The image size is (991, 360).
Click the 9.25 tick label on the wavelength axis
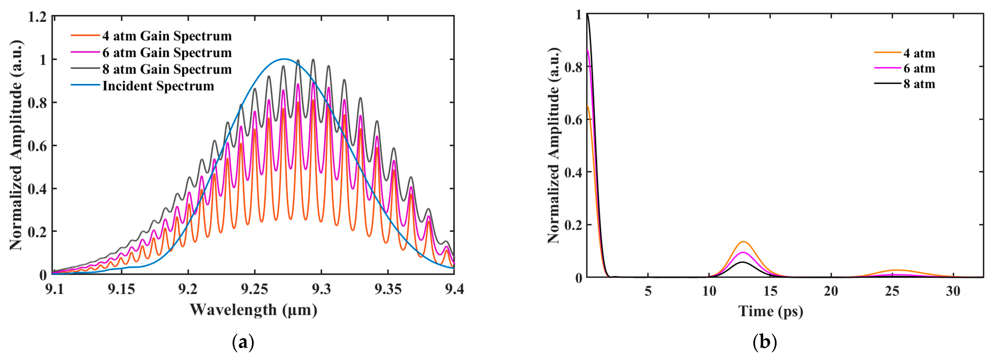[254, 289]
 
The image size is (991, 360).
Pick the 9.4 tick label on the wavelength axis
[454, 289]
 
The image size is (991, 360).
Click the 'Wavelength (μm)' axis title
[253, 310]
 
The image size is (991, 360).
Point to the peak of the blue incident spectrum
[284, 59]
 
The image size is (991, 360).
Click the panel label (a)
[244, 342]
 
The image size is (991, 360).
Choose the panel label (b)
[764, 342]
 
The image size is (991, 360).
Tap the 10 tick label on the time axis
[709, 291]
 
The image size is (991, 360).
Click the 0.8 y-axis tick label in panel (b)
[573, 67]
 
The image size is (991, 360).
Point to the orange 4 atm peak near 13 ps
[743, 242]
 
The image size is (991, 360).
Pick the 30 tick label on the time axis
[953, 291]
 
